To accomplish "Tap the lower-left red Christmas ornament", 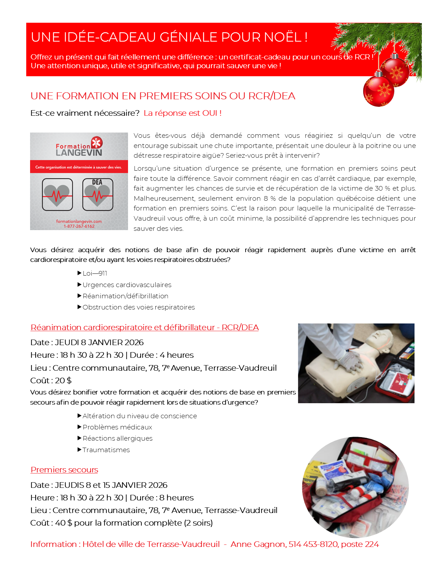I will (378, 91).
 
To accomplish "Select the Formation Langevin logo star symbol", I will (97, 142).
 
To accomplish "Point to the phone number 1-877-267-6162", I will (79, 226).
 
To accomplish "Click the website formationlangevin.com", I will (79, 221).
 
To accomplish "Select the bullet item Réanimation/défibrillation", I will (125, 296).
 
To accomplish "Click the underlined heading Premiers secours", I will (64, 470).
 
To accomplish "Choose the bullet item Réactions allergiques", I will (118, 439).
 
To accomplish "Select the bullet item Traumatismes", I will (106, 450).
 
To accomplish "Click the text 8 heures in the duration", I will (176, 498).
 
